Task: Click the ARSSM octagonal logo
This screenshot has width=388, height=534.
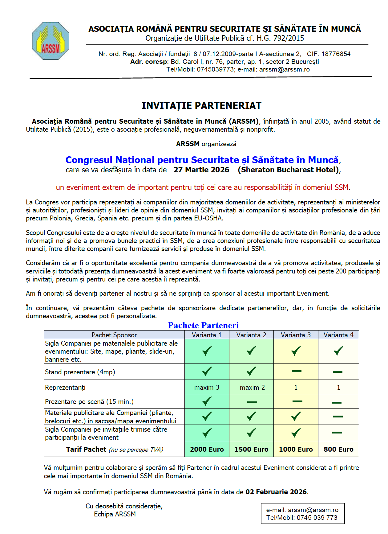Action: point(51,41)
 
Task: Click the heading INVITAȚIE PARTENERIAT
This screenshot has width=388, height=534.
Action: point(201,106)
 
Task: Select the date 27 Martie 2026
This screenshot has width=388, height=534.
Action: point(201,170)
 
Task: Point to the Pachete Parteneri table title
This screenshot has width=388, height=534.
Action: point(203,325)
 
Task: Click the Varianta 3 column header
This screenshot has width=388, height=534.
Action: point(296,335)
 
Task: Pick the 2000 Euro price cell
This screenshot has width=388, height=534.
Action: point(207,449)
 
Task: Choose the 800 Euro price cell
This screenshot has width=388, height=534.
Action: point(338,449)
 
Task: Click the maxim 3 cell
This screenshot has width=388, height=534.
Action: point(207,387)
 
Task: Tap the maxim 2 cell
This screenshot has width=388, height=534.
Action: point(252,387)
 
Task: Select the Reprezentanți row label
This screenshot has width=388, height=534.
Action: point(65,387)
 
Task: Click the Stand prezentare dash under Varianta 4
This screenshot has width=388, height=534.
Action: point(337,372)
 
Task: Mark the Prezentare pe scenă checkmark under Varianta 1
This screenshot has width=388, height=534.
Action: point(207,401)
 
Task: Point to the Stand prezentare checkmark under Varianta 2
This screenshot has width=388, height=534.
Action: point(251,371)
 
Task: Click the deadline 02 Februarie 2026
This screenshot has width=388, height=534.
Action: point(276,492)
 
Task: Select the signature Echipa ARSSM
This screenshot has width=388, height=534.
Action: point(115,514)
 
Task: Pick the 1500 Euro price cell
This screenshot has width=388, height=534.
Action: point(251,449)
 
